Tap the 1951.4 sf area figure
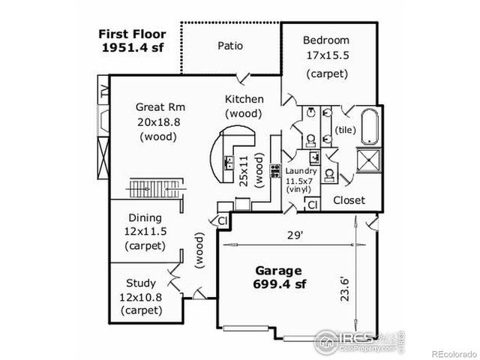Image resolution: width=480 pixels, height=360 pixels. click(132, 47)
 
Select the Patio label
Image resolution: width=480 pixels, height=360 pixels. click(230, 46)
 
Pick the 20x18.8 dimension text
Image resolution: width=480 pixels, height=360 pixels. click(157, 121)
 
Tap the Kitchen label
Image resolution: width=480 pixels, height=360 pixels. click(244, 99)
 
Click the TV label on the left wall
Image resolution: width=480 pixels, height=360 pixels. click(103, 94)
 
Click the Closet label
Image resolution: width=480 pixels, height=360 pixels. click(349, 200)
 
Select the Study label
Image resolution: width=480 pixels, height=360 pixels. click(141, 283)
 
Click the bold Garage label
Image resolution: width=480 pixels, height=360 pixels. click(278, 270)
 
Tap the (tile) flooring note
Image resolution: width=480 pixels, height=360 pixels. click(346, 130)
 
